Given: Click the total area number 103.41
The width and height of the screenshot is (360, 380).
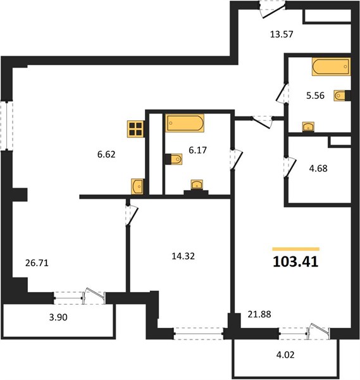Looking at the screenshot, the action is click(295, 262).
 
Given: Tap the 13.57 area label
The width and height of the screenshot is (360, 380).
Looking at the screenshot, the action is click(282, 34).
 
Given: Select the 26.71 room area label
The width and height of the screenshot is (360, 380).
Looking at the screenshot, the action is click(37, 263).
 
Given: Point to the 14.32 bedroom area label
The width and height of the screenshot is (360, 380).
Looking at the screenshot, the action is click(183, 256).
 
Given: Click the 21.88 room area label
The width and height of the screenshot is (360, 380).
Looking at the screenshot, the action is click(259, 314).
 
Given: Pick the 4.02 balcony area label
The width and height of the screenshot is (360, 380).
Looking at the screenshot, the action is click(285, 355).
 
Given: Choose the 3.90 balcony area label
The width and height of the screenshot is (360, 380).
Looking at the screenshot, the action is click(58, 317).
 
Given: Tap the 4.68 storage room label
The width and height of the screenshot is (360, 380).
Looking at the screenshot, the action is click(318, 168).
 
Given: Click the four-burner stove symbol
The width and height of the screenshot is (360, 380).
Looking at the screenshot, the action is click(135, 129).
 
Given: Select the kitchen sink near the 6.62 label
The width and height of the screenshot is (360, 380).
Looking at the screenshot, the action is click(137, 186).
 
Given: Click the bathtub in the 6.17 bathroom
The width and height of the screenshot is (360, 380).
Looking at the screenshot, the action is click(185, 123).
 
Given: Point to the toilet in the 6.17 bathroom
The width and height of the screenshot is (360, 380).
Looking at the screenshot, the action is click(174, 159).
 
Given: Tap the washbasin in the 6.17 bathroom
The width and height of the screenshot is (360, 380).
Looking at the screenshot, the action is click(197, 185).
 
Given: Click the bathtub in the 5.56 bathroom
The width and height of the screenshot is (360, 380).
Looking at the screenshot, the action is click(331, 66).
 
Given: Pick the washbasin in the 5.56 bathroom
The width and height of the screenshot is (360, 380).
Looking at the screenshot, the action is click(308, 127).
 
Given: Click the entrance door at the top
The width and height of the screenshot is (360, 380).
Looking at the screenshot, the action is click(272, 10).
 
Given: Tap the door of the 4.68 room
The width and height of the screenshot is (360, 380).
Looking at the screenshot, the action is click(290, 167).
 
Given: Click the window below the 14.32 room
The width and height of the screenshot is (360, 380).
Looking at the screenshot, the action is click(199, 334).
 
